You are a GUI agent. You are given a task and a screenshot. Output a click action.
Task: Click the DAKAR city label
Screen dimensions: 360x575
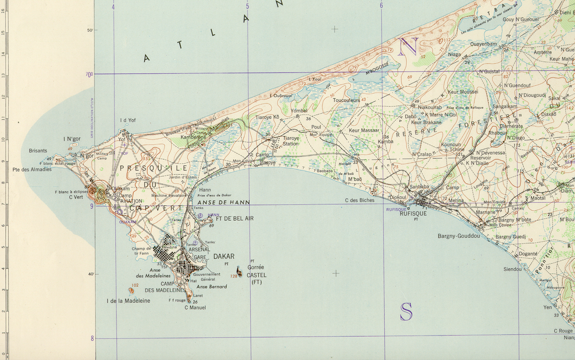tap(224, 256)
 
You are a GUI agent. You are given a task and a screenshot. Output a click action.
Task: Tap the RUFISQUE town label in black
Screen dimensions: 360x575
tap(413, 214)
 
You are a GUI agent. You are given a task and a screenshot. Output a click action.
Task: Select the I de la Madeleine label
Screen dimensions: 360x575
tap(128, 301)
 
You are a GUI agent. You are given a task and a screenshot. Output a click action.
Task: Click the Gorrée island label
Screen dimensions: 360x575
tap(256, 267)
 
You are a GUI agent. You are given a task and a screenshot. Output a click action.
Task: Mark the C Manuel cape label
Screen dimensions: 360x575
tap(195, 307)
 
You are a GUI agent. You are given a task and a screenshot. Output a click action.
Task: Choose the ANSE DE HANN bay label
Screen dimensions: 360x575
tap(220, 203)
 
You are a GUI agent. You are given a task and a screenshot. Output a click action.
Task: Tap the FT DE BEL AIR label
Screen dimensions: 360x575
tap(235, 219)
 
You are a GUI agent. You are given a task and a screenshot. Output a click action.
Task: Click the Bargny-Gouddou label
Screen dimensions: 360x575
tap(459, 236)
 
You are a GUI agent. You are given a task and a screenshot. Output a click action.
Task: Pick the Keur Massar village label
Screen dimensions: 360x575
tap(364, 130)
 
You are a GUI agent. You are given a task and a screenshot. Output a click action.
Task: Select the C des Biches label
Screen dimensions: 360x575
tap(359, 200)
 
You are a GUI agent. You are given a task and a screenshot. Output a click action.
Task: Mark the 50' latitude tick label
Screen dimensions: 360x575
tap(89, 30)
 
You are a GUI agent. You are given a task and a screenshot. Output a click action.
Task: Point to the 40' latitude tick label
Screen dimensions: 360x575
tap(89, 274)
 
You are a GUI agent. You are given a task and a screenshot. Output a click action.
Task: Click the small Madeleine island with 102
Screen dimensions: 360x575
tap(131, 290)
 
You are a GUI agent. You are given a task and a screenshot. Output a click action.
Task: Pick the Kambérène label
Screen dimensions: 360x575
tap(193, 137)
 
